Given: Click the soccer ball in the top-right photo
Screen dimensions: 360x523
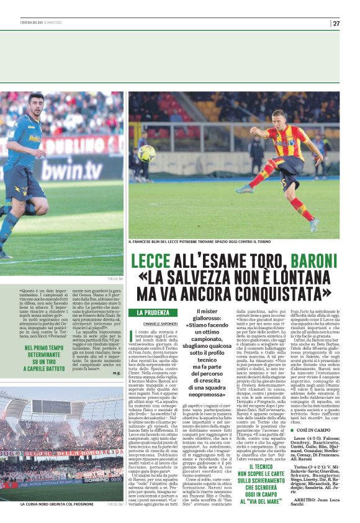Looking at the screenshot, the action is [147, 153].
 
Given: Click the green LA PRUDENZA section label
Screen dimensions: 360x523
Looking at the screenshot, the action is [153, 312].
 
